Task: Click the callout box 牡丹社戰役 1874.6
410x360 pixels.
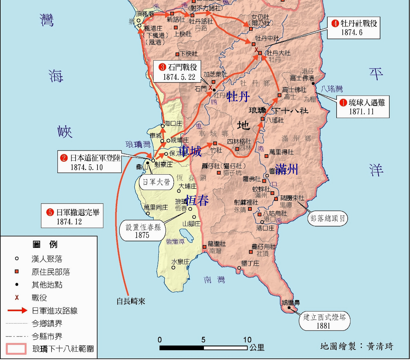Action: click(x=354, y=28)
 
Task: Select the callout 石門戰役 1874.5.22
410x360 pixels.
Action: click(x=177, y=72)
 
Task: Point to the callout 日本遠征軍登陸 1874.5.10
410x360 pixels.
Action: click(x=89, y=162)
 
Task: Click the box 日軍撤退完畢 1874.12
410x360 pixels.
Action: click(x=72, y=216)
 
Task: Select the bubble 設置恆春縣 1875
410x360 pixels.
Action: click(x=143, y=231)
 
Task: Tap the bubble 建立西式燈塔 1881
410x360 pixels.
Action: click(x=324, y=321)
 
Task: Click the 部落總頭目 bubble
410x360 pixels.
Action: click(x=327, y=218)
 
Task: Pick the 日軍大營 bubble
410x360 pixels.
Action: click(x=156, y=182)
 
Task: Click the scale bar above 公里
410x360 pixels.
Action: click(x=203, y=348)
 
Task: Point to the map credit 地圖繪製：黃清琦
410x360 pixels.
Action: click(x=357, y=346)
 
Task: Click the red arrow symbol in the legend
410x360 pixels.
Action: click(x=17, y=311)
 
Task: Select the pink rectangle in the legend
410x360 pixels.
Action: click(x=16, y=349)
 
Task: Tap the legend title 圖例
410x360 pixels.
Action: click(x=45, y=245)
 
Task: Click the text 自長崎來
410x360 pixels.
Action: click(x=131, y=301)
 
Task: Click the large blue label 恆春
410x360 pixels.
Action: click(x=197, y=201)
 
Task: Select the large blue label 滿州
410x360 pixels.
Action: click(x=287, y=169)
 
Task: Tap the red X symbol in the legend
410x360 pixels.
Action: click(x=17, y=298)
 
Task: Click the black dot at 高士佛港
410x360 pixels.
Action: click(x=313, y=84)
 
